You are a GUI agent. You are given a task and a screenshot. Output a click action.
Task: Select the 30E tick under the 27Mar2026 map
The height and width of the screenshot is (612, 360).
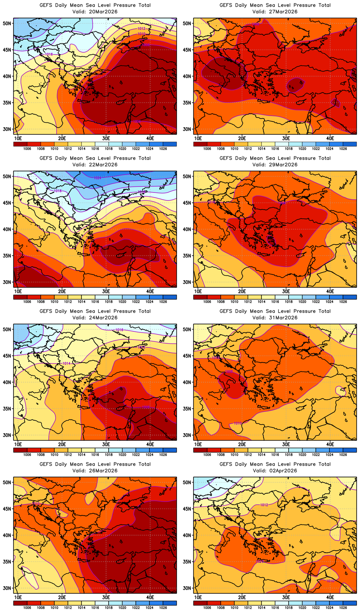(x=286, y=138)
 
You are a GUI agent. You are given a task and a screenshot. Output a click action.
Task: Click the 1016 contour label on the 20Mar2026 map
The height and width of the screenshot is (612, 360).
(x=49, y=54)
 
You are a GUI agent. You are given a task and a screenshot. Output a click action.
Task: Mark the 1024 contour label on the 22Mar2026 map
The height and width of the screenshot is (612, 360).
(x=97, y=178)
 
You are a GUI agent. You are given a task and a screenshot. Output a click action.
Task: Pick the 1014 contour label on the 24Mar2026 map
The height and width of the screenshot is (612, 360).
(x=66, y=363)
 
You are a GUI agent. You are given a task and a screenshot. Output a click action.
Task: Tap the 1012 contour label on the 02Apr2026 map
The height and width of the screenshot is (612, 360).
(x=264, y=505)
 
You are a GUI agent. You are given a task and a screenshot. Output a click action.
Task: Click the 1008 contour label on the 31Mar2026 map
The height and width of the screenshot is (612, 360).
(x=229, y=372)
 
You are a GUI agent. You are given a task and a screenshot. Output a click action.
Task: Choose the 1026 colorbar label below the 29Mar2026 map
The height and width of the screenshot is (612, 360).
(x=343, y=302)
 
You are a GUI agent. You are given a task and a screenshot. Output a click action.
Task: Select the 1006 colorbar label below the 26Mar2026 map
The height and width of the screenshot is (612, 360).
(x=27, y=608)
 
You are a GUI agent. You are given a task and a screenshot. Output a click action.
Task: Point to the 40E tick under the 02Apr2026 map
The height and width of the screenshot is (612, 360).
(x=330, y=597)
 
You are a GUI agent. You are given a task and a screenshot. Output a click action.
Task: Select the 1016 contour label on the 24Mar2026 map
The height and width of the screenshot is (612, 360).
(x=119, y=330)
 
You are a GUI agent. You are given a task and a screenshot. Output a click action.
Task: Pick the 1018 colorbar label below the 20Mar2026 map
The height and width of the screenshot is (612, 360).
(x=109, y=149)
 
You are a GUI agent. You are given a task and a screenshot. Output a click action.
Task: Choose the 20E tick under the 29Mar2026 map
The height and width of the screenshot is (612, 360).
(x=242, y=291)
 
